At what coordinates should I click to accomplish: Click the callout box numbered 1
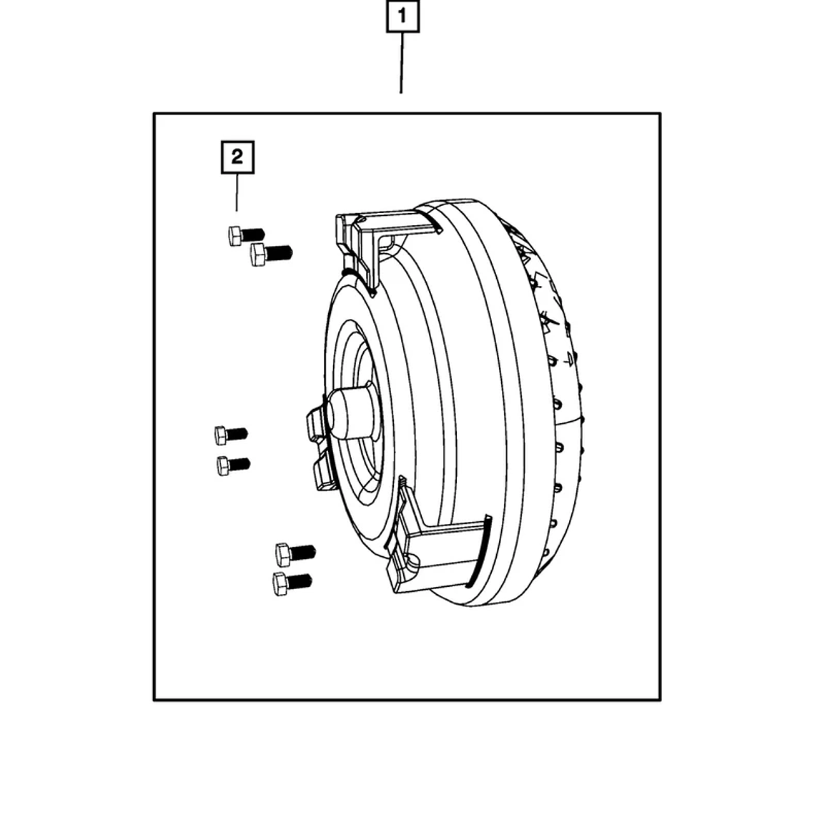[402, 16]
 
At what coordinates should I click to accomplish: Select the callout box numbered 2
[237, 157]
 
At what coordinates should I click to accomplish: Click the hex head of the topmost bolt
[235, 235]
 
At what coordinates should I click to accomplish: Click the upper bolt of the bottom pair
[295, 553]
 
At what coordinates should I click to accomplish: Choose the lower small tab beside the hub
[322, 472]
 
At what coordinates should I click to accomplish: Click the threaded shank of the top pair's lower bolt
[280, 252]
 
